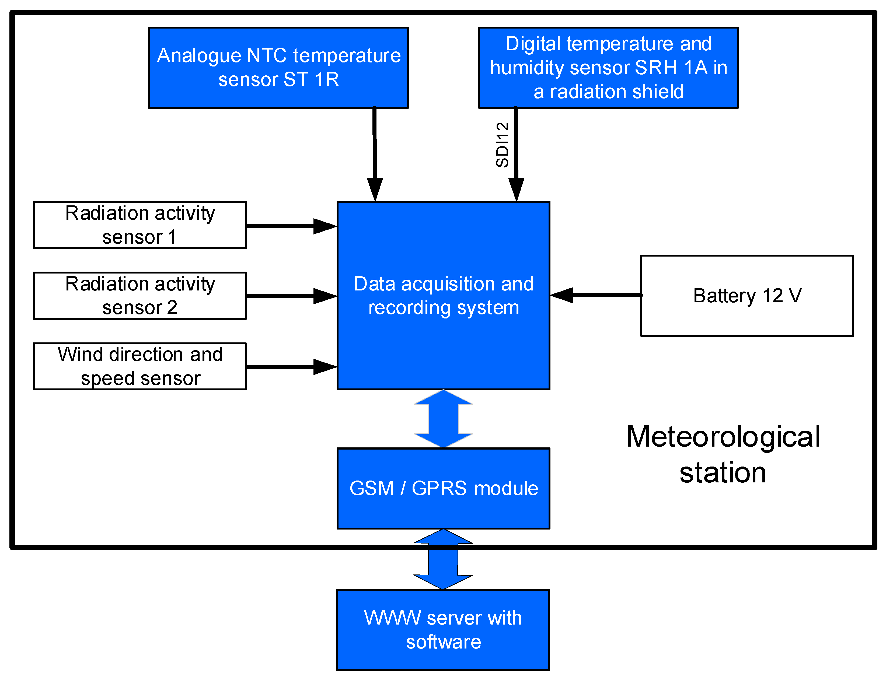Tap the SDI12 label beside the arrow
pos(502,145)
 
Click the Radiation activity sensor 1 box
pos(140,225)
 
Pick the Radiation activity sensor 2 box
pos(140,296)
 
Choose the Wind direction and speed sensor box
pos(140,366)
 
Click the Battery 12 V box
pos(747,296)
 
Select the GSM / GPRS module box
pos(444,488)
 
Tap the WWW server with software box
pos(442,630)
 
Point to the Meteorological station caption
pos(723,454)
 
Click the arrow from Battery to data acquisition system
pos(595,295)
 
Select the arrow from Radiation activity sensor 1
pos(291,226)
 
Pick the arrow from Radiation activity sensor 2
pos(291,296)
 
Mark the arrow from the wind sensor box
pos(291,367)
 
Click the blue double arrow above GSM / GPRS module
pos(444,419)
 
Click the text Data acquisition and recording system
pos(444,296)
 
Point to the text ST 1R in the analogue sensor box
pos(311,79)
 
